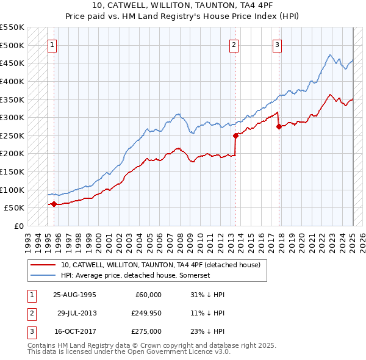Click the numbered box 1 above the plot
pyautogui.click(x=52, y=45)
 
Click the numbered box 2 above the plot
pyautogui.click(x=234, y=45)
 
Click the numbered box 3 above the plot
pyautogui.click(x=277, y=45)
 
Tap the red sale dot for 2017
pyautogui.click(x=279, y=127)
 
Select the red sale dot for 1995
pyautogui.click(x=54, y=204)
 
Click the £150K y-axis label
pyautogui.click(x=12, y=171)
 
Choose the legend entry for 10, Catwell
pyautogui.click(x=160, y=265)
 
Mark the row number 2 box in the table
pyautogui.click(x=32, y=313)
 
